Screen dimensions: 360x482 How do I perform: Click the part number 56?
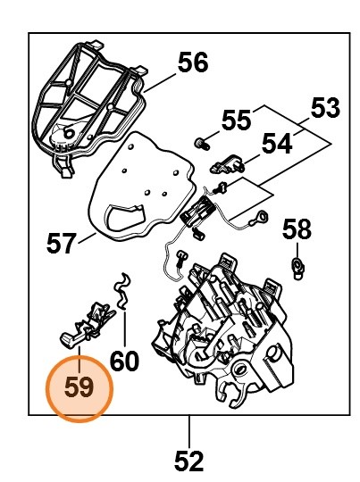pos(193,62)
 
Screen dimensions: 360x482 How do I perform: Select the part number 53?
pos(325,108)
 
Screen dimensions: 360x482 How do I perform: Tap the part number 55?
pos(236,120)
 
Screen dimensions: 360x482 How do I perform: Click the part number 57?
pos(61,243)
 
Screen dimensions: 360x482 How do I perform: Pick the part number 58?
pos(297,229)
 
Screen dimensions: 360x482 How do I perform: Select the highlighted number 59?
pos(80,388)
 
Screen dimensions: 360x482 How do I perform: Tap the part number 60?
pos(124,361)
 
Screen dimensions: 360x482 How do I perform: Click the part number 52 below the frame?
pos(188,461)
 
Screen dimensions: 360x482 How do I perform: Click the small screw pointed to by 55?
pos(202,144)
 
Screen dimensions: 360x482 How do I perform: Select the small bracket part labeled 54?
pos(228,164)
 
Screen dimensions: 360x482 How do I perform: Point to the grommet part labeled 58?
pos(297,268)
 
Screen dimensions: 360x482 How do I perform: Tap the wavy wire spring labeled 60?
pos(122,290)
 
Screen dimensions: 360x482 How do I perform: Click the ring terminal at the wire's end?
pos(262,217)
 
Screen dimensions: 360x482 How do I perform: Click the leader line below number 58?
pos(297,251)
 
